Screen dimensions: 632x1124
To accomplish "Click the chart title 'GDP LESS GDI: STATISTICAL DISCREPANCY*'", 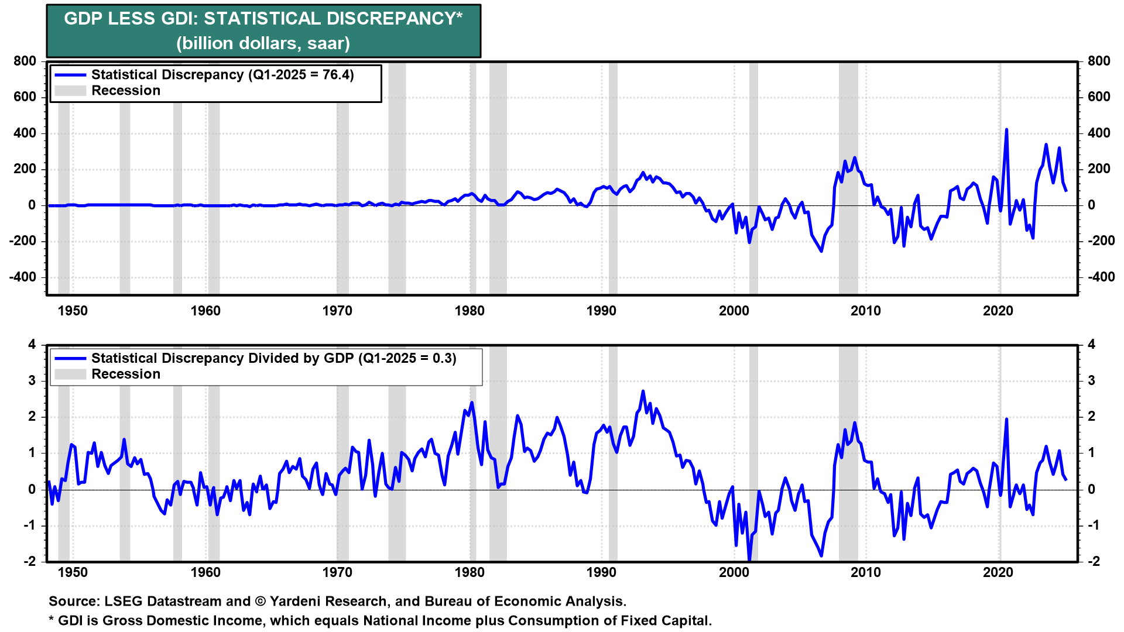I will pyautogui.click(x=263, y=19).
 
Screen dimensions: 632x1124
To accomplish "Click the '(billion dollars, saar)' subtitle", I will pyautogui.click(x=263, y=43).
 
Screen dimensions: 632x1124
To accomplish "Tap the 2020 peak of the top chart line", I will pyautogui.click(x=1006, y=130).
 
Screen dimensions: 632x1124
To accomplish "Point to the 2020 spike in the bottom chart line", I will pyautogui.click(x=1006, y=420).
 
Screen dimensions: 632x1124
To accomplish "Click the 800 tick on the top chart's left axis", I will pyautogui.click(x=25, y=61).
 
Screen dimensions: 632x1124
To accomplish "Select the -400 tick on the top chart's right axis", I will pyautogui.click(x=1101, y=277).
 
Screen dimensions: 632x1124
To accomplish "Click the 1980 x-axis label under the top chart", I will pyautogui.click(x=470, y=311).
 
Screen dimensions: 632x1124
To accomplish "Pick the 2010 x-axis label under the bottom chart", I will pyautogui.click(x=865, y=572).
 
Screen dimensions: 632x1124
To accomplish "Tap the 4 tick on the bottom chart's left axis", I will pyautogui.click(x=32, y=345).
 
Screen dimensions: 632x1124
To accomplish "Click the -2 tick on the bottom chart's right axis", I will pyautogui.click(x=1092, y=561).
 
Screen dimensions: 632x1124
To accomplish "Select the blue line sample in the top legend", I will pyautogui.click(x=70, y=75).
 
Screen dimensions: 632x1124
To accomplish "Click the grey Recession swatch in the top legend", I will pyautogui.click(x=70, y=91).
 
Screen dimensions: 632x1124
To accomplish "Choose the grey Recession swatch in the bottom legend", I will pyautogui.click(x=70, y=375).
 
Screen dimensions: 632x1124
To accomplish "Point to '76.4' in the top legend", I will pyautogui.click(x=338, y=75).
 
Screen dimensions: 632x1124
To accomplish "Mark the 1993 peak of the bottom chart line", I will pyautogui.click(x=643, y=391).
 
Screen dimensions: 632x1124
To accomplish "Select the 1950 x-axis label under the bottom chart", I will pyautogui.click(x=73, y=572).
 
